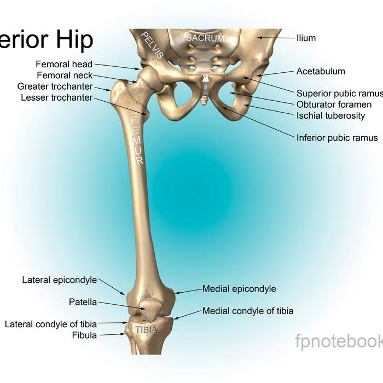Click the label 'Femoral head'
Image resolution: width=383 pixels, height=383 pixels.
pos(64,64)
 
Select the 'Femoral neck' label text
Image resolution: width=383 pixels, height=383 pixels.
pos(65,76)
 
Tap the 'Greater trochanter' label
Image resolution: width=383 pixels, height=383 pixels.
pos(55,86)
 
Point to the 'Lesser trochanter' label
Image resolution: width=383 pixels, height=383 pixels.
pos(57,97)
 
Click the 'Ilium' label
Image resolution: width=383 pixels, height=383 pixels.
pos(306,38)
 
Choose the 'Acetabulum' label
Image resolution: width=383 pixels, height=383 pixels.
pos(321,71)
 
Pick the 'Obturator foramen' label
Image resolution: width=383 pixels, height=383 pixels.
pos(334,105)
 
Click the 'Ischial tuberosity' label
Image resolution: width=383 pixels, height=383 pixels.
pos(330,115)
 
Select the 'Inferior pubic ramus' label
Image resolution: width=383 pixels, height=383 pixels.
pos(337,137)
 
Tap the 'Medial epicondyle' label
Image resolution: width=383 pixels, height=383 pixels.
pos(239,288)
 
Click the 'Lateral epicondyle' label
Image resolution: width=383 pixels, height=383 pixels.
pos(59,280)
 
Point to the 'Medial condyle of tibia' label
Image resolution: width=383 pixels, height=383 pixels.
pos(248,311)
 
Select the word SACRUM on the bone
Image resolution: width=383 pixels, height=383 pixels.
pos(205,38)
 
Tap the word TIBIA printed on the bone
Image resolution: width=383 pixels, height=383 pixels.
pos(146,330)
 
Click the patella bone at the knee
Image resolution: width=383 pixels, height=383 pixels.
pos(150,309)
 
